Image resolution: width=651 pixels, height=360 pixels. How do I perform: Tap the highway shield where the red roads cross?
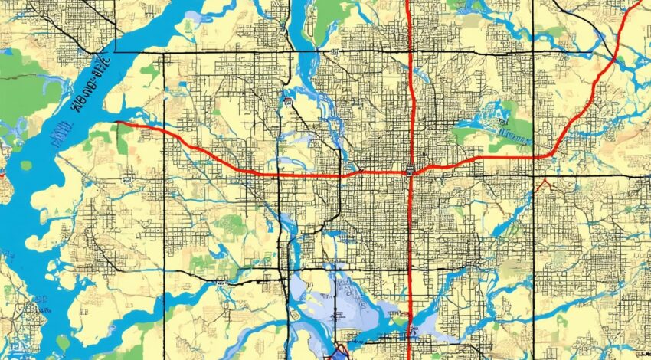[411, 170]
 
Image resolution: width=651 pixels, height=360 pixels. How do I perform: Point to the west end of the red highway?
[116, 122]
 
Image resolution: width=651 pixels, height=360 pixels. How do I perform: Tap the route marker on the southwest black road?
[222, 282]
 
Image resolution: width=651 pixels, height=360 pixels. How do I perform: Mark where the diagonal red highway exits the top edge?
[639, 2]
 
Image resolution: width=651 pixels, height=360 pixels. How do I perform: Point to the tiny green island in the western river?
[26, 165]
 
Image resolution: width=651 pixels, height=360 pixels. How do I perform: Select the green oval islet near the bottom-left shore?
[62, 341]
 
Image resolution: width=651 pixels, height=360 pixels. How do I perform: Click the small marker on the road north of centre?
[287, 100]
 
